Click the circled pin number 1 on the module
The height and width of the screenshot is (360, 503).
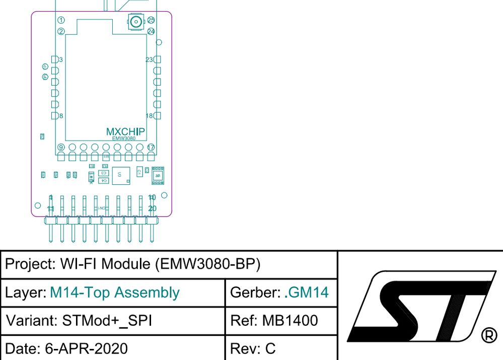point(61,20)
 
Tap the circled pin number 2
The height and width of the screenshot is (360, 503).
point(61,31)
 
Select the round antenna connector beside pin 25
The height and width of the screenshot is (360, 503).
point(135,21)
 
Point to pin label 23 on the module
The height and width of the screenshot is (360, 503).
point(149,60)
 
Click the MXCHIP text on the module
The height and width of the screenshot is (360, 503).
point(125,132)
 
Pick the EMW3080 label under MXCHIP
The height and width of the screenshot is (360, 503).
point(123,138)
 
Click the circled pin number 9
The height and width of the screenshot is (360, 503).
point(61,148)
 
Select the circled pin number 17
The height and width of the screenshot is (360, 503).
point(151,148)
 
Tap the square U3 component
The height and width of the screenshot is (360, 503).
point(120,175)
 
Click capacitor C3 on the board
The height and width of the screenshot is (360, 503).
point(103,173)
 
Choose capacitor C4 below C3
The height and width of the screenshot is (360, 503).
point(103,180)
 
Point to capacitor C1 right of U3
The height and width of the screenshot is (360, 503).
point(139,172)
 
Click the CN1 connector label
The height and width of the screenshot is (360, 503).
point(102,208)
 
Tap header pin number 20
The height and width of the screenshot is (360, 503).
point(152,208)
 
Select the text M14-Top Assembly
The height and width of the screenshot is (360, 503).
point(115,293)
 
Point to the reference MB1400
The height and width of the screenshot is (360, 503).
point(290,321)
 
